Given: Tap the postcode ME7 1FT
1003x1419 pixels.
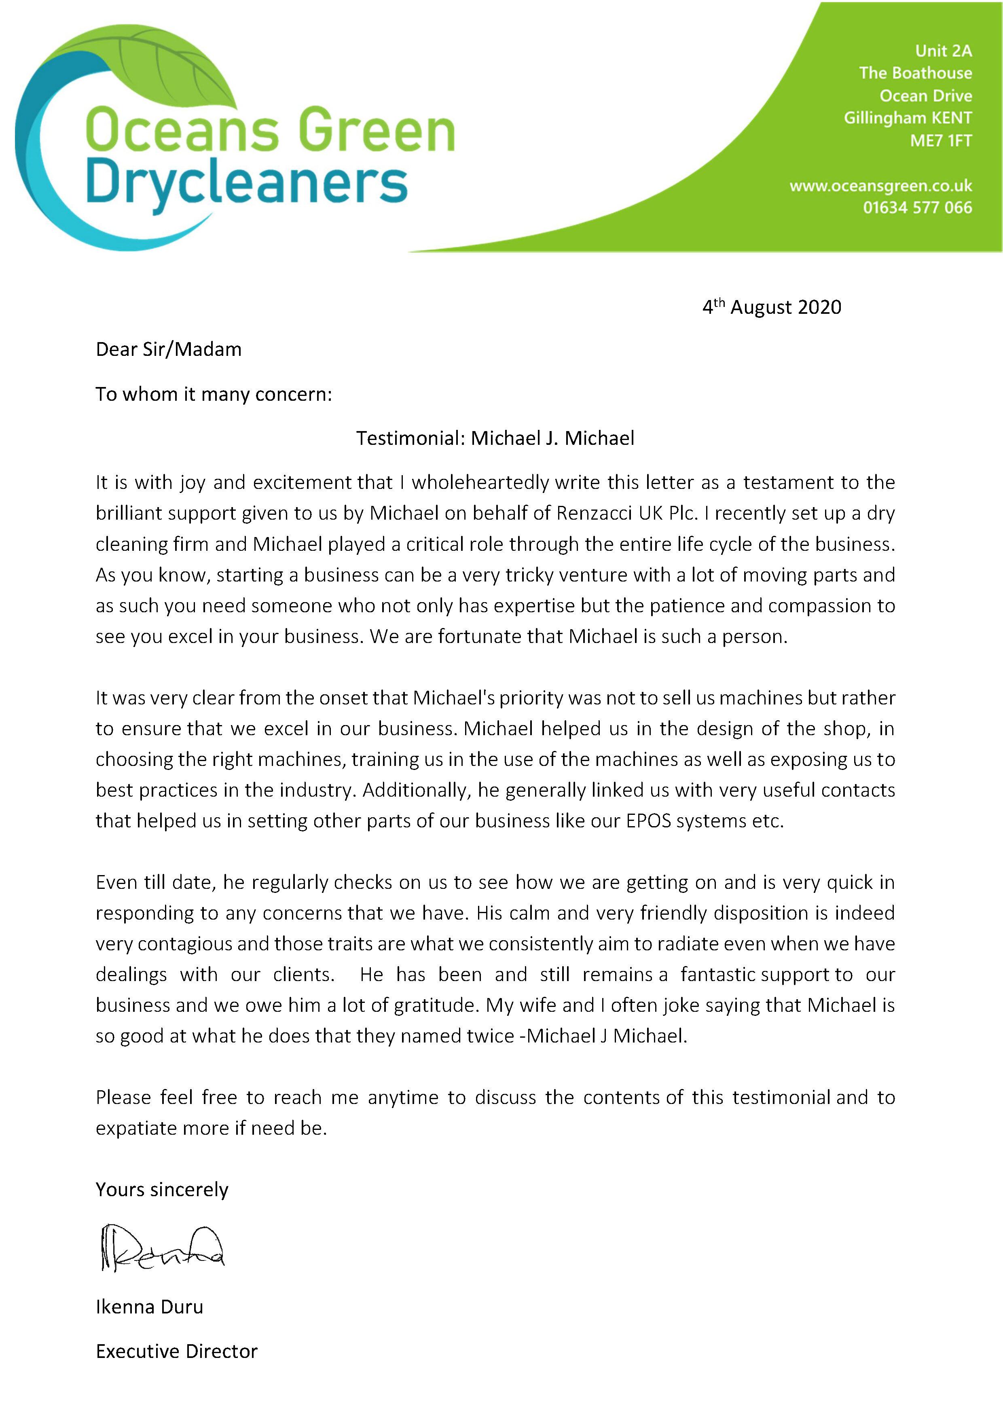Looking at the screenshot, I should pyautogui.click(x=941, y=141).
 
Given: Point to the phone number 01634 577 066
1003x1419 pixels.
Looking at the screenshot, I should pyautogui.click(x=917, y=208).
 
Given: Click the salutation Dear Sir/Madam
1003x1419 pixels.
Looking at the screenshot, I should pyautogui.click(x=168, y=350).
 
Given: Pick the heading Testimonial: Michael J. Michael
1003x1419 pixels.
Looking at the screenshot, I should pyautogui.click(x=495, y=438).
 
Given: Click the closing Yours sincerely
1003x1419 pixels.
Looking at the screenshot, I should pyautogui.click(x=162, y=1190).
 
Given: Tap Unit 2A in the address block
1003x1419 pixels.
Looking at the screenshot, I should pyautogui.click(x=943, y=51).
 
